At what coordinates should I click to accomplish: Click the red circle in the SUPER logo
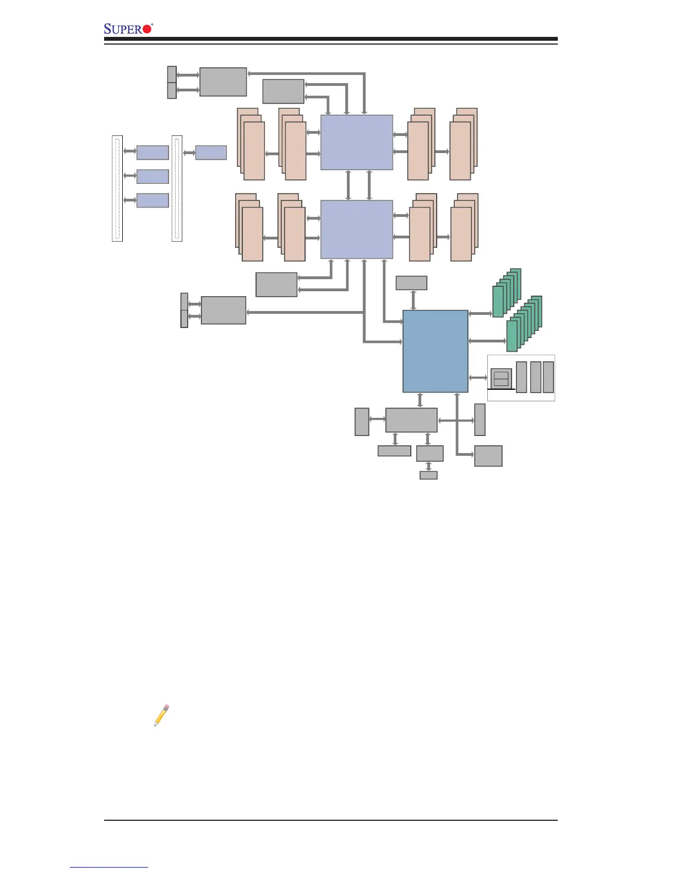coord(146,29)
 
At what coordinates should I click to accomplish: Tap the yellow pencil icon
coord(161,715)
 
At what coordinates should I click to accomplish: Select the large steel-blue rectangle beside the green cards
coord(435,351)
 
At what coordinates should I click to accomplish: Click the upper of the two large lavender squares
coord(357,143)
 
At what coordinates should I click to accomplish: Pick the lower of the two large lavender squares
coord(357,229)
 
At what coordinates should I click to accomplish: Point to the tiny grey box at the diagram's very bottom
coord(428,475)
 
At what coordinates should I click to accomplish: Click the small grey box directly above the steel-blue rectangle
coord(411,283)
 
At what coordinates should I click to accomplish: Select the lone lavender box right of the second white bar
coord(211,152)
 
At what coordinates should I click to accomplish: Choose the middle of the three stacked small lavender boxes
coord(153,176)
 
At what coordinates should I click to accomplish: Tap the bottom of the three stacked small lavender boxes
coord(153,200)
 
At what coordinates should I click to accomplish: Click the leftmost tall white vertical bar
coord(117,188)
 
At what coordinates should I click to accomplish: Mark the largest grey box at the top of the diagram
coord(223,82)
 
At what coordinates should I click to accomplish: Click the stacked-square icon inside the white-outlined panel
coord(501,379)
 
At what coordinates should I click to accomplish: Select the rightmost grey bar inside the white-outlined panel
coord(548,377)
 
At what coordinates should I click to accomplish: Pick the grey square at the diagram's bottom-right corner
coord(488,456)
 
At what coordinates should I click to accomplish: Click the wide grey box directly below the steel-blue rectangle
coord(411,420)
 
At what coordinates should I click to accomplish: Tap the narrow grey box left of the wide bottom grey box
coord(362,422)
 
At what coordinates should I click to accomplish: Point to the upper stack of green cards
coord(507,293)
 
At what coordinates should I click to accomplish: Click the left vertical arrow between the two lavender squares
coord(348,185)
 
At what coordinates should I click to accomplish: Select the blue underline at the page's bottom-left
coord(109,868)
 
